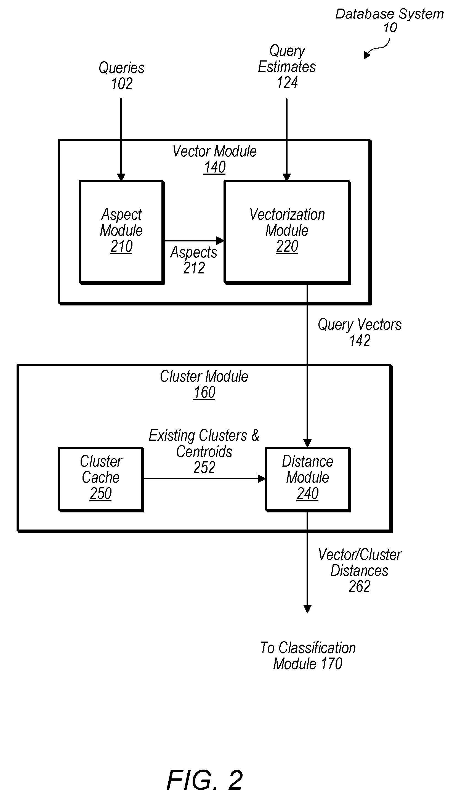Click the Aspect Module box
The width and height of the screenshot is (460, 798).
click(122, 232)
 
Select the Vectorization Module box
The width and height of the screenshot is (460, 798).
click(287, 232)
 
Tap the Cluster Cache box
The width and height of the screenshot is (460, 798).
click(101, 479)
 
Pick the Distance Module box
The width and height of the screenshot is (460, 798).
click(308, 479)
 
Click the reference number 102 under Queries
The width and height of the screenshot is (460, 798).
click(122, 84)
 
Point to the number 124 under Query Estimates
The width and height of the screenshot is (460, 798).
click(287, 83)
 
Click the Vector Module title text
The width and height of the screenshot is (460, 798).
click(214, 151)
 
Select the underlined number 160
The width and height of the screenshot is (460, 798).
click(204, 393)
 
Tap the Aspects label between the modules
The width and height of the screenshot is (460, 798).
click(194, 252)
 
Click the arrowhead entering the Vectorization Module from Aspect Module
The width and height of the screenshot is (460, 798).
click(220, 240)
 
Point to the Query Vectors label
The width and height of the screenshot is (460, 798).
click(360, 325)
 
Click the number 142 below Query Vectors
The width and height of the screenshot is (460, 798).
click(360, 341)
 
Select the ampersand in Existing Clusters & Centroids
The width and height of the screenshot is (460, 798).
click(255, 435)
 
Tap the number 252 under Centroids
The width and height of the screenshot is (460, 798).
click(204, 467)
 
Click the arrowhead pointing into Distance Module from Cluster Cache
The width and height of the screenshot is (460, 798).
click(262, 479)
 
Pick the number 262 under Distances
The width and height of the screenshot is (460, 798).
click(360, 587)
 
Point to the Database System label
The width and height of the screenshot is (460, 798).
click(390, 14)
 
